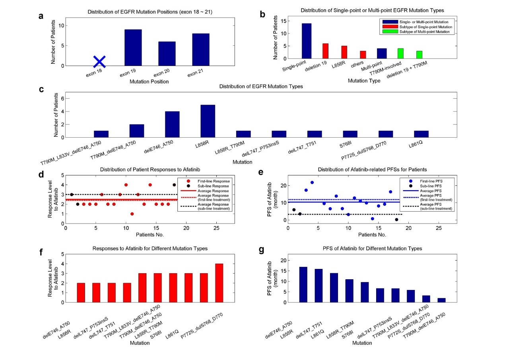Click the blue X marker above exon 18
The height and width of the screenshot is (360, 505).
(x=99, y=62)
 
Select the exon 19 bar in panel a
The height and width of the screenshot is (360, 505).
(x=133, y=48)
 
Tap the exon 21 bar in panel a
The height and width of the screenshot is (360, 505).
(x=200, y=50)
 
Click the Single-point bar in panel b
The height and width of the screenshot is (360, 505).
(x=307, y=41)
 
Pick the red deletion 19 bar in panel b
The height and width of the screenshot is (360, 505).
(x=325, y=51)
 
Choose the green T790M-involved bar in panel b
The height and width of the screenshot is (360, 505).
(x=400, y=53)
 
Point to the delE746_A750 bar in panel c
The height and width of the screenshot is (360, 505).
(x=172, y=125)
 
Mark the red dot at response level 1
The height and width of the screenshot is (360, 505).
(x=132, y=214)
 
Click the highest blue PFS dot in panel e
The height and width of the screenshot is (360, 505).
(x=312, y=182)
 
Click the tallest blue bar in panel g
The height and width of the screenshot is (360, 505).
(x=303, y=284)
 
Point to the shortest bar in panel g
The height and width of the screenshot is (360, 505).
(x=442, y=300)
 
